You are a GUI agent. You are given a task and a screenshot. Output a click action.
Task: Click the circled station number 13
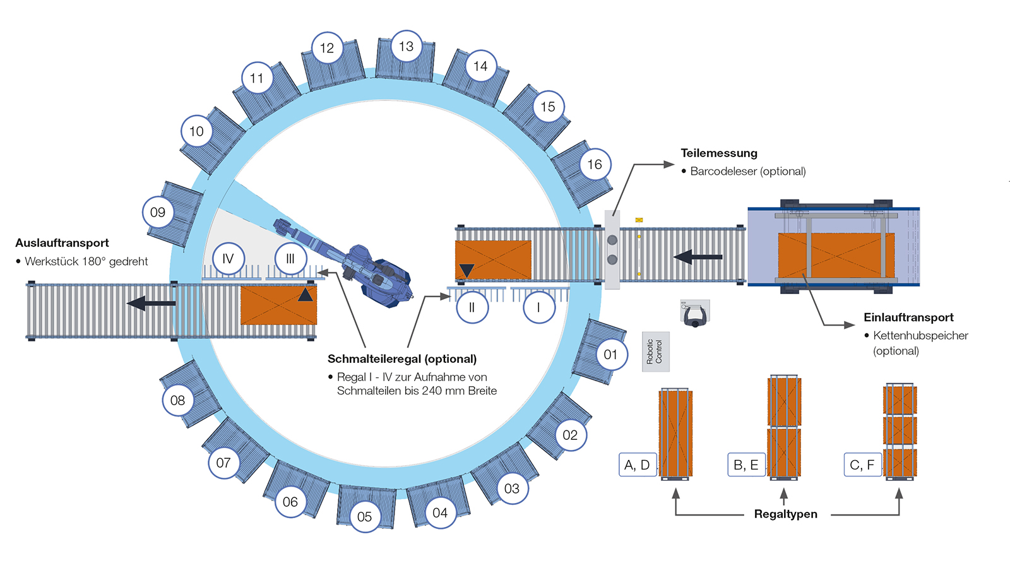tap(406, 46)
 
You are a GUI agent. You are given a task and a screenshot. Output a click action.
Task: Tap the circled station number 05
tap(364, 516)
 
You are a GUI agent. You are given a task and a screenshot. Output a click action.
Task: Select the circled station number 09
tap(158, 212)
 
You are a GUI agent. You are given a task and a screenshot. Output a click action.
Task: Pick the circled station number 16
tap(595, 165)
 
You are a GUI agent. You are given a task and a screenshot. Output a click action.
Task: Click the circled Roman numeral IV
tap(228, 259)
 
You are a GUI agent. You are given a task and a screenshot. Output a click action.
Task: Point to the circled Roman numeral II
tap(472, 308)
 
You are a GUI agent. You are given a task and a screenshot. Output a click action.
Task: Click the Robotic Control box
tap(655, 352)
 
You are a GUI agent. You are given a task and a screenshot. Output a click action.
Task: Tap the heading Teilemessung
tap(718, 153)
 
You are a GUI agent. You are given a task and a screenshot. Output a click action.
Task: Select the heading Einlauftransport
tap(908, 317)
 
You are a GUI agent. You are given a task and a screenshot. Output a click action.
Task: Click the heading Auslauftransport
tap(62, 243)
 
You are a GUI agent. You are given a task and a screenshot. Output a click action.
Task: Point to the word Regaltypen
tap(785, 514)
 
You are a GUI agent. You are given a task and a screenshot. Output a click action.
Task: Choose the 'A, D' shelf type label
tap(638, 464)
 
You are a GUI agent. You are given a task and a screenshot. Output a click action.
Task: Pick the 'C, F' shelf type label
tap(862, 464)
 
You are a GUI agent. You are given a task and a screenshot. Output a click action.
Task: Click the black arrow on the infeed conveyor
tap(698, 257)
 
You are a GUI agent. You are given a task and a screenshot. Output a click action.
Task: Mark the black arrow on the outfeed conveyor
tap(151, 304)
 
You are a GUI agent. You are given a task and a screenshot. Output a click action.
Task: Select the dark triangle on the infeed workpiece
tap(466, 271)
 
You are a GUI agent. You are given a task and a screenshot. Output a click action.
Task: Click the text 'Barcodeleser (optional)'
tap(747, 171)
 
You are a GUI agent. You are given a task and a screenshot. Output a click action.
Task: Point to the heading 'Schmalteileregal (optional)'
tap(401, 359)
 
